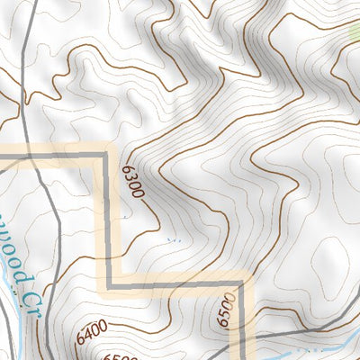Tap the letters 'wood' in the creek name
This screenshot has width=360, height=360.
click(9, 256)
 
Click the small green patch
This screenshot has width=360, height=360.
click(354, 34)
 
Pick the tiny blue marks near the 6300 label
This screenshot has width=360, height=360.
click(174, 240)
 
